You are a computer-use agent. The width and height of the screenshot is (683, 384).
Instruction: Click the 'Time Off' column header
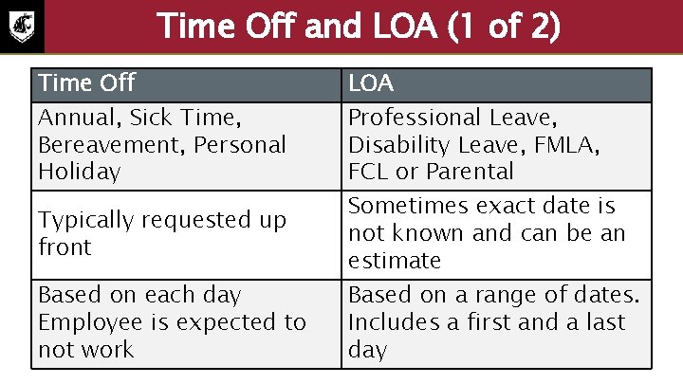pos(86,84)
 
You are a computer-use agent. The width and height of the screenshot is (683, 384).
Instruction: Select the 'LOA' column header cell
pos(371,84)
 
